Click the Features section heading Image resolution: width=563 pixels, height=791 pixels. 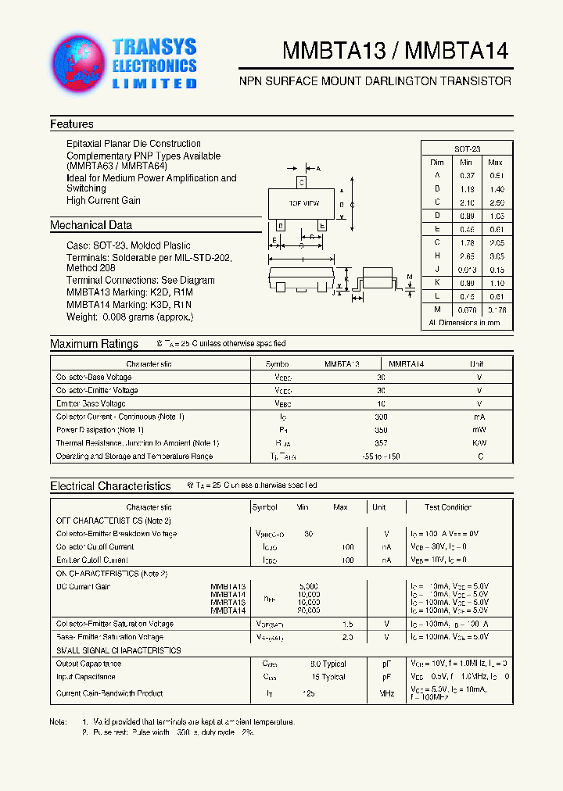[72, 124]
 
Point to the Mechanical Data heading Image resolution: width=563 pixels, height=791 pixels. [91, 225]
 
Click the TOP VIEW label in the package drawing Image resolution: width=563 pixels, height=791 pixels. [304, 203]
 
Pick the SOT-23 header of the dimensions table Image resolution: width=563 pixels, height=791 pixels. [467, 149]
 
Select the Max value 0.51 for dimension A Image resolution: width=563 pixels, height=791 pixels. [495, 175]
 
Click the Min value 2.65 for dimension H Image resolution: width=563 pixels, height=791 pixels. [468, 256]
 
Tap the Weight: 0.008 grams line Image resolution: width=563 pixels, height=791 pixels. [130, 317]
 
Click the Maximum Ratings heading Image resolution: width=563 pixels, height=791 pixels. [94, 344]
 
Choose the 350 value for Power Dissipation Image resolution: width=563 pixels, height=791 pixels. [381, 430]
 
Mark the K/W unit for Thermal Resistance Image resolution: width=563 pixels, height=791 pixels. [480, 443]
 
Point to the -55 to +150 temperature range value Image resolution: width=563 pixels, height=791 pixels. [381, 456]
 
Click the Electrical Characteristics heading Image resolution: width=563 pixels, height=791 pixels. [110, 486]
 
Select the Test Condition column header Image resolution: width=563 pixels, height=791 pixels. [448, 507]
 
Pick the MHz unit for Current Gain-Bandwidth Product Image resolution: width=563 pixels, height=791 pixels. [386, 693]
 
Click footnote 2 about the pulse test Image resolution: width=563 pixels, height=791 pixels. [168, 732]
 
